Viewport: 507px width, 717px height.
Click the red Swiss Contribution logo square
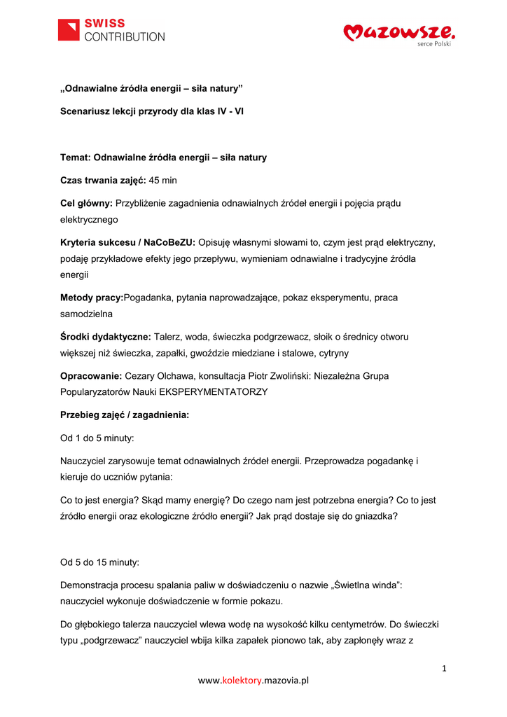tap(69, 30)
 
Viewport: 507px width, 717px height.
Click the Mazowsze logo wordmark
tap(399, 32)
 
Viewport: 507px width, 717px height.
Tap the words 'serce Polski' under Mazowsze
tap(434, 44)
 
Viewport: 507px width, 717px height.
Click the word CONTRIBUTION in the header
tap(125, 36)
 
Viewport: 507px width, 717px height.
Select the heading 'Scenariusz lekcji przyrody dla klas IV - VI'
tap(151, 111)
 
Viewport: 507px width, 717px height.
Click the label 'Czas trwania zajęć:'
tap(103, 180)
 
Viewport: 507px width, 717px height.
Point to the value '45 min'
tap(163, 180)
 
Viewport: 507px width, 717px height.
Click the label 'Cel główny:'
tap(86, 203)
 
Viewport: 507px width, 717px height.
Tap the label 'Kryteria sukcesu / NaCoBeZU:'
tap(127, 242)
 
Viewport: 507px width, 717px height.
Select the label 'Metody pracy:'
tap(92, 298)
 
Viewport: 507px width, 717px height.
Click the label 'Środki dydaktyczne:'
tap(106, 337)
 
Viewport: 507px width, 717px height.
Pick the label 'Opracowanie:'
tap(91, 376)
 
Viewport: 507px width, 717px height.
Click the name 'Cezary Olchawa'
tap(159, 376)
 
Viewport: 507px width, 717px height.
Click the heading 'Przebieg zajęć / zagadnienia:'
tap(125, 415)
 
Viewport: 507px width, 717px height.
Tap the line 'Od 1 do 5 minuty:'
tap(97, 438)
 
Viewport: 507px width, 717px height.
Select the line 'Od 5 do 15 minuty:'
tap(99, 562)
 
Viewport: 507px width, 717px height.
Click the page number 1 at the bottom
tap(444, 668)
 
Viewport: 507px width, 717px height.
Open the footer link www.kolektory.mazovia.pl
tap(253, 680)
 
